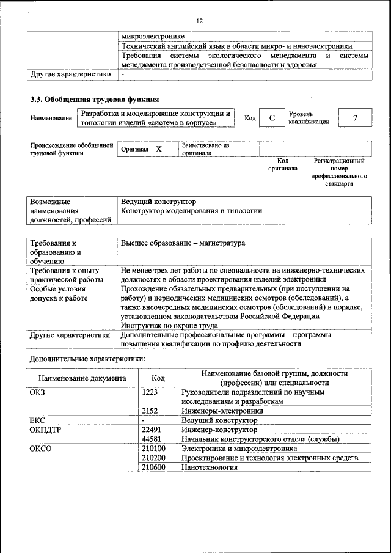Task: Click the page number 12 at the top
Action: coord(199,21)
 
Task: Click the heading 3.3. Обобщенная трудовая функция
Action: coord(95,99)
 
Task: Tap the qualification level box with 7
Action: coord(354,117)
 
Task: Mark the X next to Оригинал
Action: coord(158,149)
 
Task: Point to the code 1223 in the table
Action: coord(150,392)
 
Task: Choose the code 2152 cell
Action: coord(150,411)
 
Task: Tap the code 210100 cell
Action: coord(153,449)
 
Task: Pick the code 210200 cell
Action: coord(153,458)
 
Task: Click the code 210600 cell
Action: coord(153,467)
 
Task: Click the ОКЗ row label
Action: coord(37,392)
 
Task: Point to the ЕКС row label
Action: coord(37,420)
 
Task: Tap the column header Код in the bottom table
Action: coord(158,378)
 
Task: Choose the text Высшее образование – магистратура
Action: coord(183,243)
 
